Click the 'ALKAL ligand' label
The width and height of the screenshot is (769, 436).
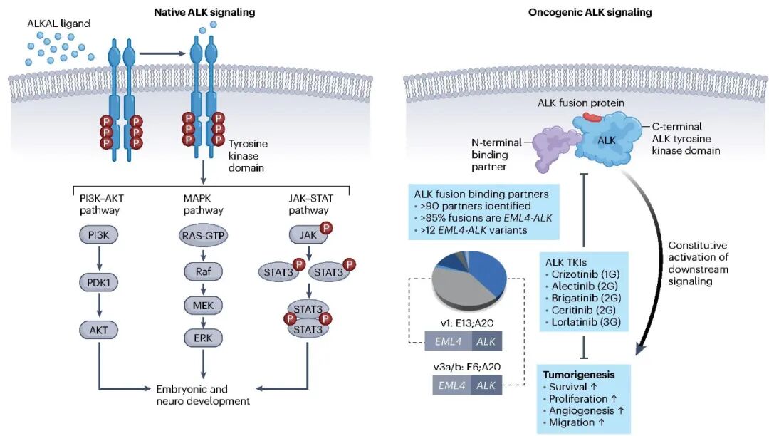point(59,24)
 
